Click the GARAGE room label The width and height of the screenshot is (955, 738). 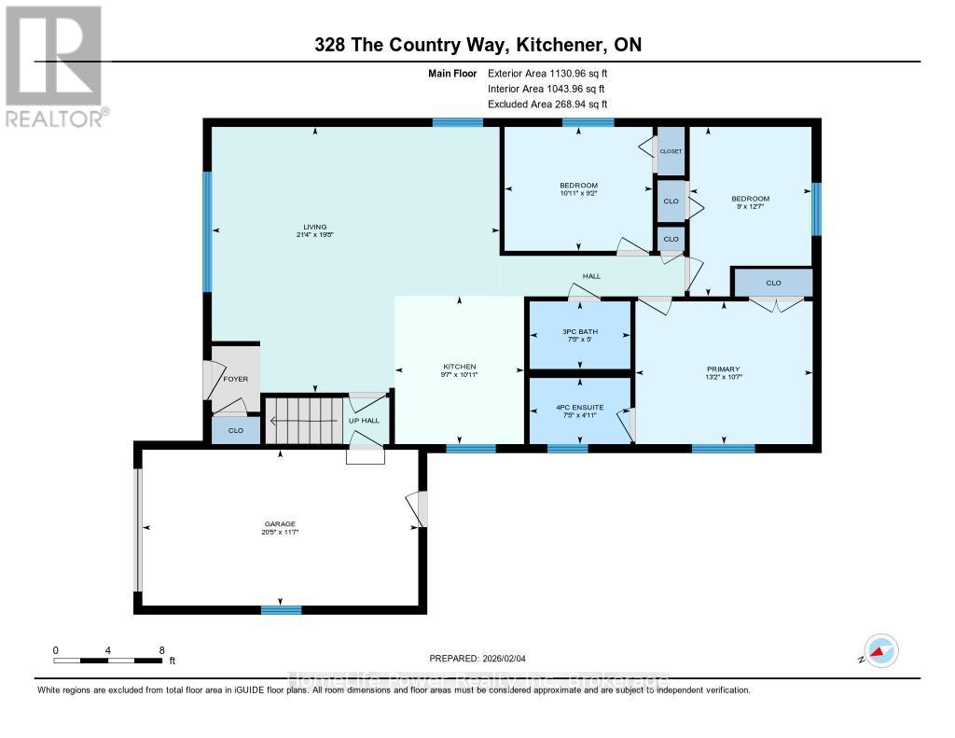tap(281, 524)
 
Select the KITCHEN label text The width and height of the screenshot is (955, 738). tap(459, 367)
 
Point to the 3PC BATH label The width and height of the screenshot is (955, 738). tap(579, 332)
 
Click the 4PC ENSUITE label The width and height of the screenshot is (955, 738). tap(579, 408)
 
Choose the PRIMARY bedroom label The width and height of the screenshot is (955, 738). tap(723, 369)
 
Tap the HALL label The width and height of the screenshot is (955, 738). tap(591, 276)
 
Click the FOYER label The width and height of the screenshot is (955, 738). tap(236, 380)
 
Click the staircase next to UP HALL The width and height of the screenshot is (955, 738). tap(302, 420)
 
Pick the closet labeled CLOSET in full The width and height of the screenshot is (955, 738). tap(671, 151)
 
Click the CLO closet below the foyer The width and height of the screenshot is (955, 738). tap(235, 431)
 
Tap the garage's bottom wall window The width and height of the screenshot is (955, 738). tap(281, 610)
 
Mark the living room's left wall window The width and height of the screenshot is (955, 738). tap(208, 231)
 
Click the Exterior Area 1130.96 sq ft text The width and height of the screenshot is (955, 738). tap(548, 73)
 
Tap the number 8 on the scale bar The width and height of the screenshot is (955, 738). tap(161, 649)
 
